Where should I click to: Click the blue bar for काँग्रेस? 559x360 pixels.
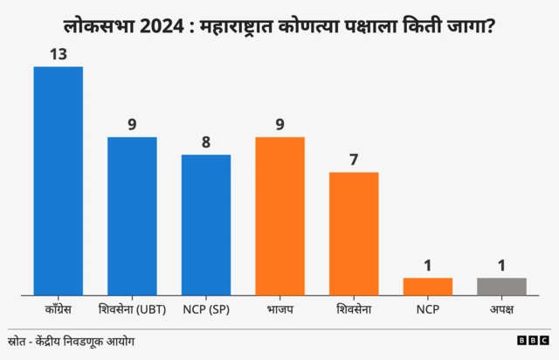click(x=58, y=181)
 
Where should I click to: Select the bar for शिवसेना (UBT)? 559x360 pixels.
click(x=132, y=216)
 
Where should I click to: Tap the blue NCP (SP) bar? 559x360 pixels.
click(x=206, y=225)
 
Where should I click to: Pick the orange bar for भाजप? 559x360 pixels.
click(x=279, y=216)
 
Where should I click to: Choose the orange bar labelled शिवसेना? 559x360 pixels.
click(x=354, y=233)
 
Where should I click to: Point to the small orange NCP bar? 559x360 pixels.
click(x=428, y=287)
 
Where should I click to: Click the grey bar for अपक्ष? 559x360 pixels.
click(x=501, y=287)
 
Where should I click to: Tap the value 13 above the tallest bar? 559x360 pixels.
click(x=58, y=54)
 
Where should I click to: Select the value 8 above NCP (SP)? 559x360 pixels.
click(x=206, y=142)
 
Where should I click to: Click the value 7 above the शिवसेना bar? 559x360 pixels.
click(x=354, y=160)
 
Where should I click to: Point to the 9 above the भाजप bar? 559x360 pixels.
click(x=279, y=125)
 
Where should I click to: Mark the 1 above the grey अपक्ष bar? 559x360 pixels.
click(x=501, y=266)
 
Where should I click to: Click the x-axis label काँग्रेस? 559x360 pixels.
click(x=58, y=309)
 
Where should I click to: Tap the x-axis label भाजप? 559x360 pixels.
click(x=279, y=309)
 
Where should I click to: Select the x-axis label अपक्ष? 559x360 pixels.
click(x=501, y=309)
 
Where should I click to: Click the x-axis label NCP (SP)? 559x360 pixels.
click(x=206, y=309)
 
